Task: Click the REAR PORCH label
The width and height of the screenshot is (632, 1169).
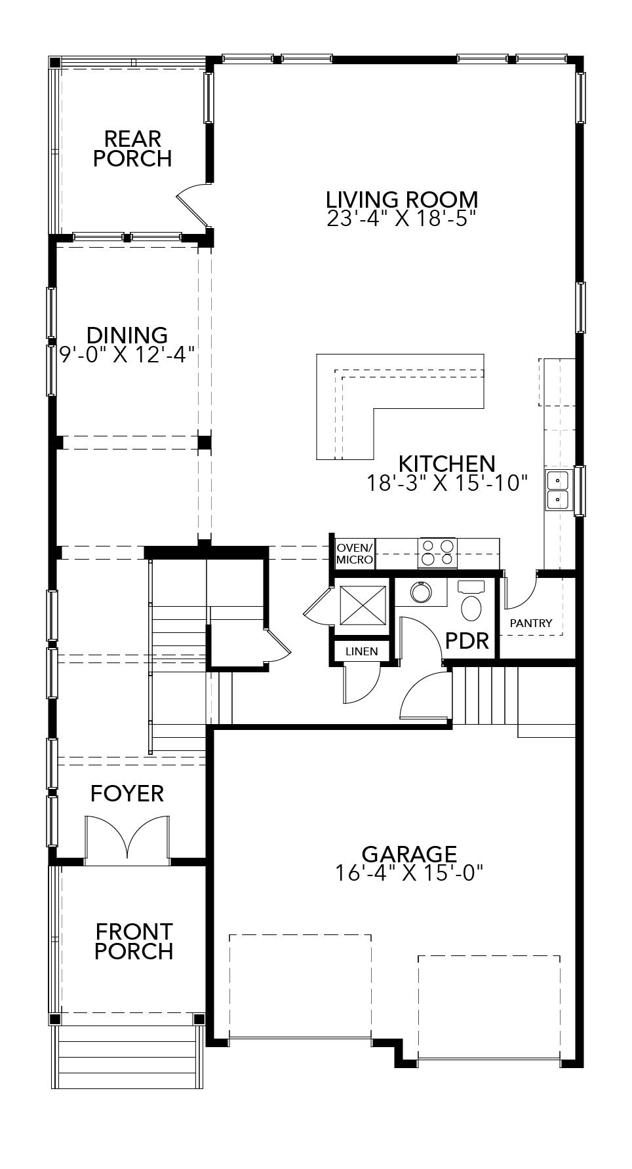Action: pyautogui.click(x=132, y=149)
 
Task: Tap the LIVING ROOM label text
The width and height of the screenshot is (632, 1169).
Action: pyautogui.click(x=402, y=199)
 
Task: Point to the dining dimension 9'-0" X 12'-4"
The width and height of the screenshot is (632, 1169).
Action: pyautogui.click(x=127, y=355)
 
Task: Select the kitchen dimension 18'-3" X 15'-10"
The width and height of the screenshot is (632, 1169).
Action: pyautogui.click(x=447, y=484)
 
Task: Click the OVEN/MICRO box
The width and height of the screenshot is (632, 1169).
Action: pyautogui.click(x=354, y=554)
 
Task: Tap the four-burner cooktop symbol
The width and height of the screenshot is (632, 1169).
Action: pyautogui.click(x=437, y=552)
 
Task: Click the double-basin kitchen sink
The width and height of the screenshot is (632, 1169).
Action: pyautogui.click(x=557, y=489)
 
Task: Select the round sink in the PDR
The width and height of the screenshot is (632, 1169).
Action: pyautogui.click(x=420, y=592)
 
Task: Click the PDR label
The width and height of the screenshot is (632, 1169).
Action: pyautogui.click(x=467, y=640)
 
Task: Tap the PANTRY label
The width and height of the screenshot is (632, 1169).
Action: pyautogui.click(x=531, y=623)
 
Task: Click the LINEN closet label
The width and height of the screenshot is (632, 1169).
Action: pyautogui.click(x=361, y=651)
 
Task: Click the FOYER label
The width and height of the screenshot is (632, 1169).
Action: pyautogui.click(x=127, y=794)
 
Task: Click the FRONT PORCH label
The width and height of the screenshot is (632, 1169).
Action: pyautogui.click(x=134, y=941)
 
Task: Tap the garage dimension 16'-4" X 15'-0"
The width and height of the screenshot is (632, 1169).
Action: pyautogui.click(x=408, y=873)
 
